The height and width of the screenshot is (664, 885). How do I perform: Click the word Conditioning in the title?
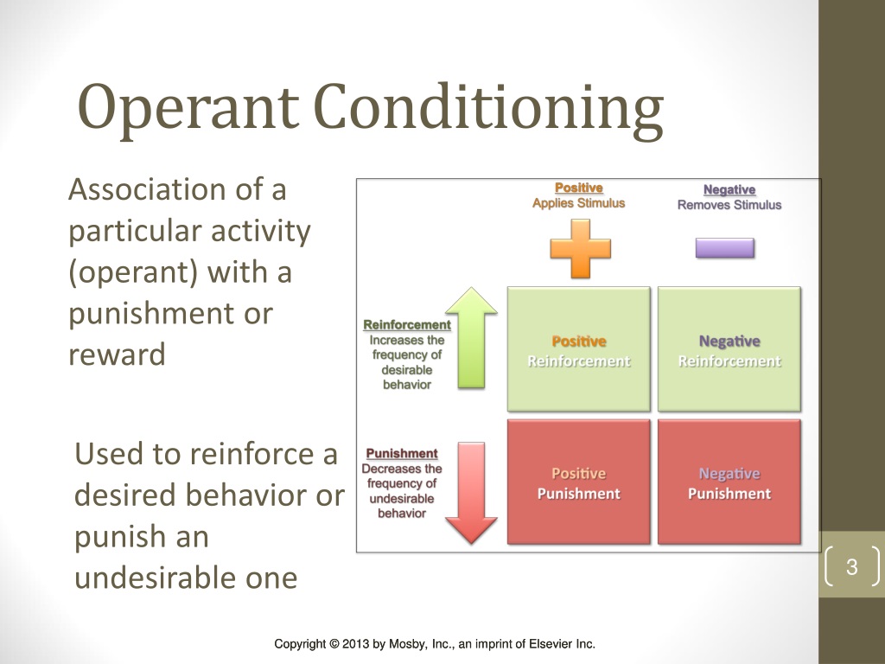pyautogui.click(x=488, y=109)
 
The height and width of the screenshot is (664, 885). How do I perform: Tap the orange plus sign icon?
pyautogui.click(x=580, y=249)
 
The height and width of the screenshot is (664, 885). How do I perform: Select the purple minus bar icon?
pyautogui.click(x=725, y=248)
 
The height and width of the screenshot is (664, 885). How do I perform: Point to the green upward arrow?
pyautogui.click(x=471, y=338)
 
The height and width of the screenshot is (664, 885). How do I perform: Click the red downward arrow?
pyautogui.click(x=471, y=493)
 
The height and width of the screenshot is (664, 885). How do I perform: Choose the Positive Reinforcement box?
pyautogui.click(x=578, y=349)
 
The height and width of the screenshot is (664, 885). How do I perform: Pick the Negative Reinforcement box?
pyautogui.click(x=729, y=349)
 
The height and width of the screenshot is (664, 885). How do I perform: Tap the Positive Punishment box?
pyautogui.click(x=578, y=482)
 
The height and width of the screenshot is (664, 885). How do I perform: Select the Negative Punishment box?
pyautogui.click(x=729, y=482)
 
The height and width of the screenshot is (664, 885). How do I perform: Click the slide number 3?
pyautogui.click(x=851, y=566)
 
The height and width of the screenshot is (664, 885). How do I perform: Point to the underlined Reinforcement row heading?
pyautogui.click(x=407, y=325)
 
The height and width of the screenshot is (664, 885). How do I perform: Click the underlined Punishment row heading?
pyautogui.click(x=402, y=453)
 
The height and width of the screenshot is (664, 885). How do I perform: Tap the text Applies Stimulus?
pyautogui.click(x=578, y=203)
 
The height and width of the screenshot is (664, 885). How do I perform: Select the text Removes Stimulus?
pyautogui.click(x=729, y=205)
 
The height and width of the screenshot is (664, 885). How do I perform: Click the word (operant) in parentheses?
pyautogui.click(x=133, y=272)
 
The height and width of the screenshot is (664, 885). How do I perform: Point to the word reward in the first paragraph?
pyautogui.click(x=117, y=355)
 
